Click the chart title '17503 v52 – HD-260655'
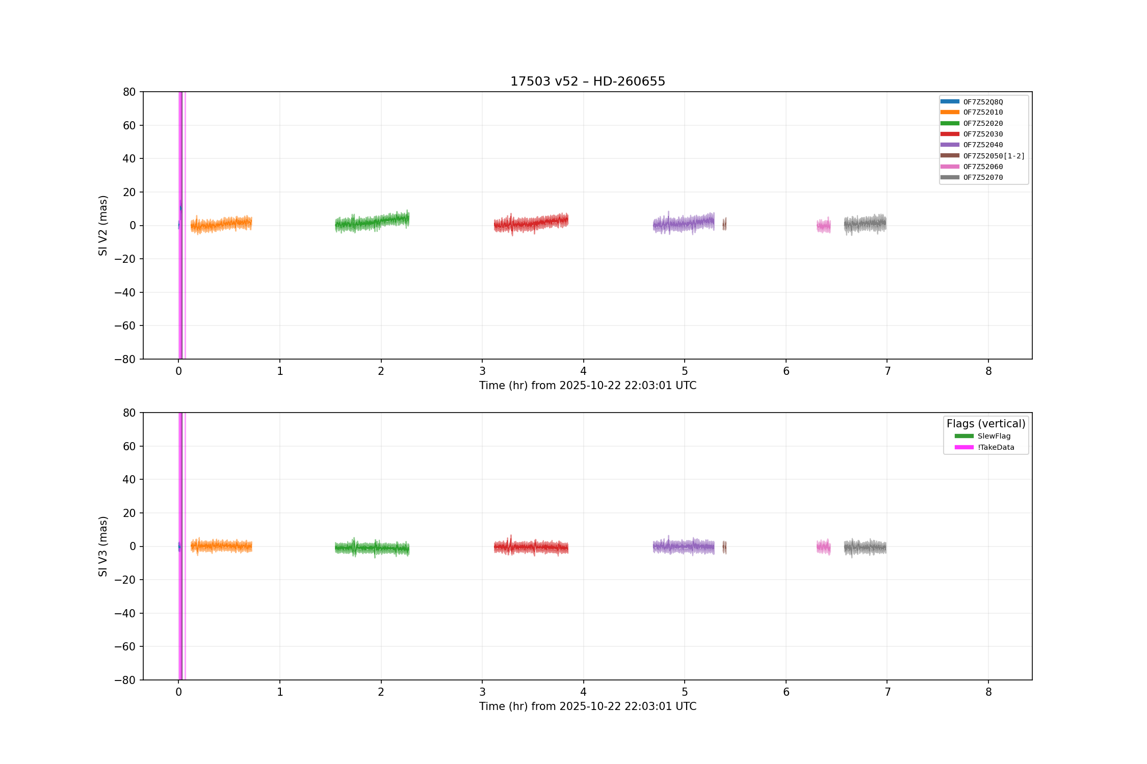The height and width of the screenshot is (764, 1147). [588, 81]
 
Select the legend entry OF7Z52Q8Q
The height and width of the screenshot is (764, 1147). [972, 102]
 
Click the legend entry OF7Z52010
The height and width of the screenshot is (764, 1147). [972, 113]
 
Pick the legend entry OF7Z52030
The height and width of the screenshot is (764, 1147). [972, 134]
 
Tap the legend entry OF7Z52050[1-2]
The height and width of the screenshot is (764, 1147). [982, 156]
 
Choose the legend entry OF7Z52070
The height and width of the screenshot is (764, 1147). [972, 177]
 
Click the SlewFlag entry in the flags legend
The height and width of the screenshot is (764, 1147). [982, 436]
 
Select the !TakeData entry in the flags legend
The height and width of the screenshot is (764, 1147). [984, 447]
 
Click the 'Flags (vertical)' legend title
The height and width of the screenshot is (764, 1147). [986, 424]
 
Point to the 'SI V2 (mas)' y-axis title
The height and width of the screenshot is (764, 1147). [103, 226]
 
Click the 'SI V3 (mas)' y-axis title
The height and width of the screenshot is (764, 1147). [103, 547]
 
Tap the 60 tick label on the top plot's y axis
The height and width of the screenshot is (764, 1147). [129, 125]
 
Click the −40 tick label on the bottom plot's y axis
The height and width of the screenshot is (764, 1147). [125, 613]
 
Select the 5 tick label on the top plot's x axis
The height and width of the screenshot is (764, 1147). [685, 371]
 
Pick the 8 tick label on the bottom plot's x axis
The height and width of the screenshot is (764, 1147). [988, 692]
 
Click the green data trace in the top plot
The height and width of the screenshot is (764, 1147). [372, 222]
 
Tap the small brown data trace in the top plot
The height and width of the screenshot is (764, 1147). [724, 224]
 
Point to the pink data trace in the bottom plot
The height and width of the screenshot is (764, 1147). [823, 547]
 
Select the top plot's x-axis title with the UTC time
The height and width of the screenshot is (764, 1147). [588, 386]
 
